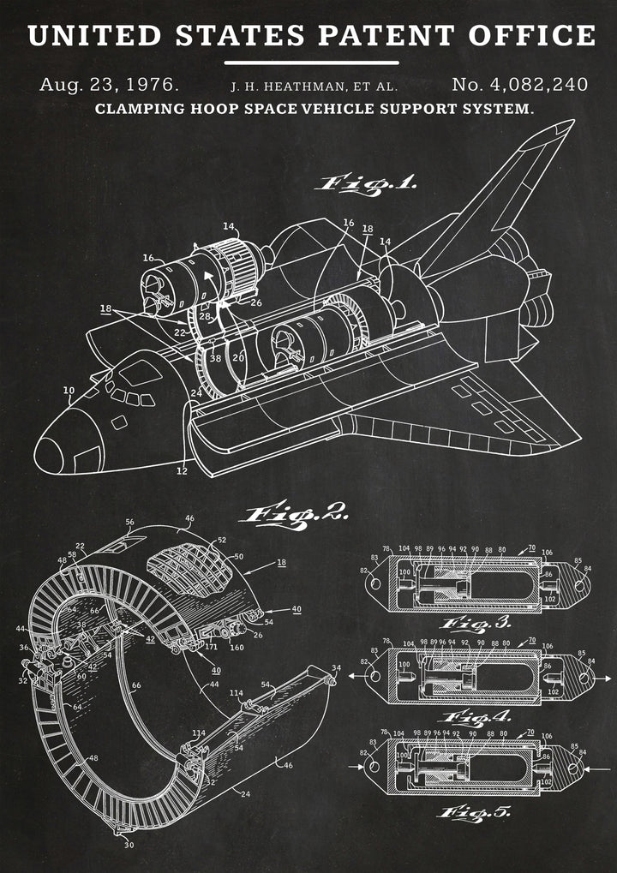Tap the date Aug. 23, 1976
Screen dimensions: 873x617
(x=109, y=85)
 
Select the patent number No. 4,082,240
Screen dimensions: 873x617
(x=519, y=85)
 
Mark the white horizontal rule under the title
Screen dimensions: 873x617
(x=311, y=63)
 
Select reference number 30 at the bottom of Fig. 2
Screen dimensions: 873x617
(x=129, y=846)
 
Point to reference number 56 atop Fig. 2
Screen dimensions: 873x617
(x=130, y=521)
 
